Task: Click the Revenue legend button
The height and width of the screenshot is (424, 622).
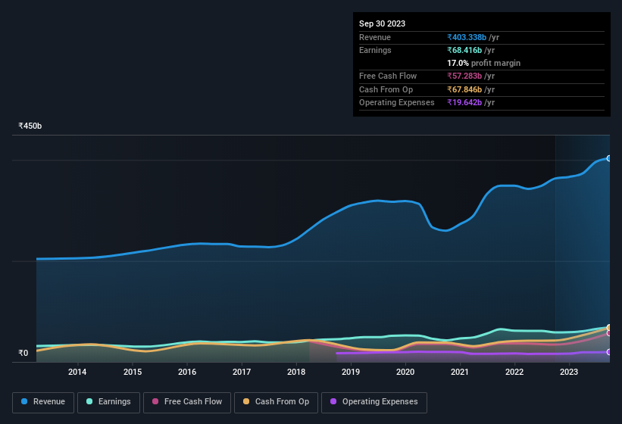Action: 43,402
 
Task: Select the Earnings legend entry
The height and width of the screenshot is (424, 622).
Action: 109,402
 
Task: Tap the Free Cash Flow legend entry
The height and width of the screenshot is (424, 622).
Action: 186,402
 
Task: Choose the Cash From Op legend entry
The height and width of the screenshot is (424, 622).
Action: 276,402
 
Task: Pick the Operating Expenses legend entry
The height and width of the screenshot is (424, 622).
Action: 374,402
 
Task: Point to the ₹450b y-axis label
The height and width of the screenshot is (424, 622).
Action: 30,126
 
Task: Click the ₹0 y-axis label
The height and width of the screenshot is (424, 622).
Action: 23,353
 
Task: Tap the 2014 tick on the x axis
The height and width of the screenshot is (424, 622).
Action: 77,372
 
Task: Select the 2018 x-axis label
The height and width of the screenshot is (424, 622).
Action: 296,372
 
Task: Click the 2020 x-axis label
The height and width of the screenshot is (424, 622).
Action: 405,372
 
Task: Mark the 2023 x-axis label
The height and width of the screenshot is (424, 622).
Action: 569,372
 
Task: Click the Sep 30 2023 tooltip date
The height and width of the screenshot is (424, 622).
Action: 382,23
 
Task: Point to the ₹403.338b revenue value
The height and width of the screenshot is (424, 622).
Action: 471,37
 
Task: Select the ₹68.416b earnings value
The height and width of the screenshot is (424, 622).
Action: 469,50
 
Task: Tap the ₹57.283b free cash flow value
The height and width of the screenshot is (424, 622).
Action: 469,76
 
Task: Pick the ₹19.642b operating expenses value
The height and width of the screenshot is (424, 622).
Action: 469,102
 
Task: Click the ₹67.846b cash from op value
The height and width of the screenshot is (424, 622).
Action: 469,89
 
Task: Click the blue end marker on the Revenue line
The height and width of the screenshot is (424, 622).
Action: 609,158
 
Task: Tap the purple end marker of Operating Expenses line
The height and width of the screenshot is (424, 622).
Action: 609,352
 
